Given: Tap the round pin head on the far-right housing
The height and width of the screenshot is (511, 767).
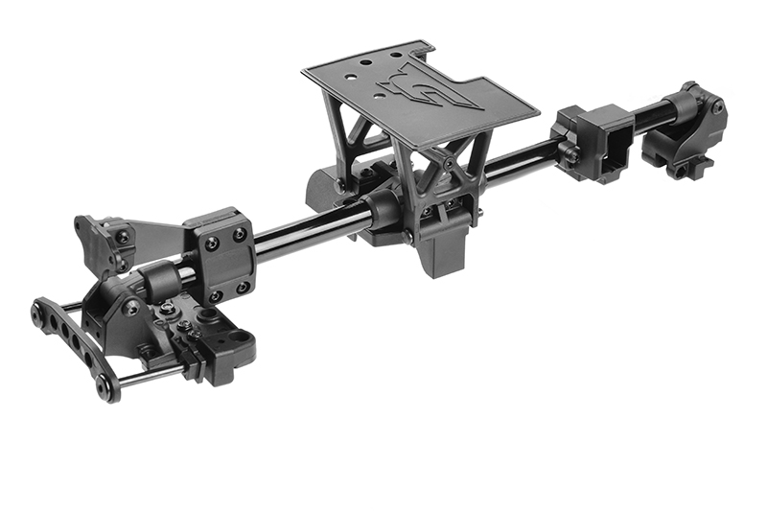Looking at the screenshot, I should click(x=716, y=107).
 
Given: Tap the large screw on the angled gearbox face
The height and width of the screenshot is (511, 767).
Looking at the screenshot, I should click(x=131, y=307).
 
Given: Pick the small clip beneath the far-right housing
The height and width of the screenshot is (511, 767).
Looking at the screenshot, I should click(x=683, y=171).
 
